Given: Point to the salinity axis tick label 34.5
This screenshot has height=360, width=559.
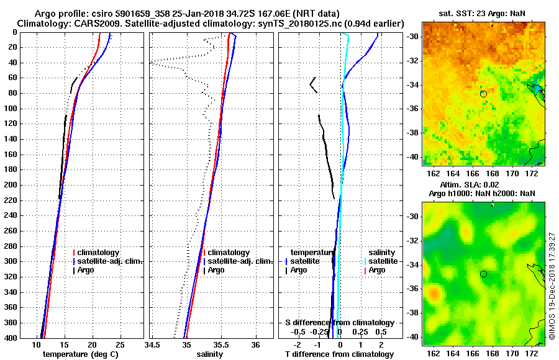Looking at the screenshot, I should pos(153,344).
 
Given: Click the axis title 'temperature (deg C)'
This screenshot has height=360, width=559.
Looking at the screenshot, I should pos(80,354).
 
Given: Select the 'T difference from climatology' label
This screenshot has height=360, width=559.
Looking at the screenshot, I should pos(339,354).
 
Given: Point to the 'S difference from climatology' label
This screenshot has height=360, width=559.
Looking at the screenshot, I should pos(339,323).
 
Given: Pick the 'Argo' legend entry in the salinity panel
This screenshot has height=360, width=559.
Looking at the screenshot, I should pos(216,270).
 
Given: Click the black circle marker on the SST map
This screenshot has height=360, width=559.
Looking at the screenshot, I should pos(483,94).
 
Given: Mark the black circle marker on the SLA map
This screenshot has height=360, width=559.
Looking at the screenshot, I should pos(483,274).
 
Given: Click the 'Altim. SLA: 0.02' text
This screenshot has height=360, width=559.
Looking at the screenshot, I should pos(482,185).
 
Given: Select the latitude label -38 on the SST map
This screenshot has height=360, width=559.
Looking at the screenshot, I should pos(414,133).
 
